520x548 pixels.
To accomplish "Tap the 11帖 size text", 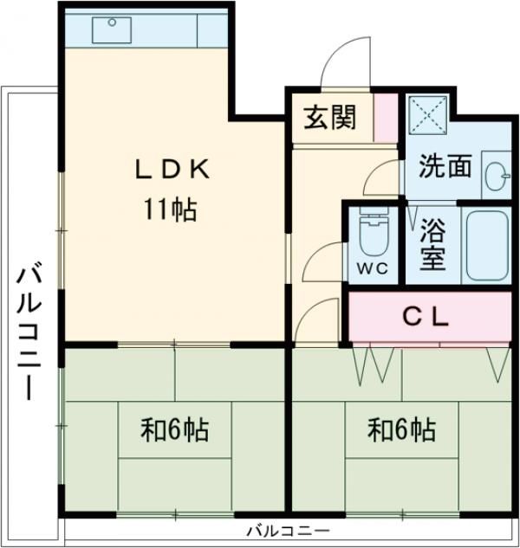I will [170, 210].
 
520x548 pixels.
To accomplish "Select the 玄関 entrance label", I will [329, 117].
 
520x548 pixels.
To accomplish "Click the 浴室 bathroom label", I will [432, 243].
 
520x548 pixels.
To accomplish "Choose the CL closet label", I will [426, 317].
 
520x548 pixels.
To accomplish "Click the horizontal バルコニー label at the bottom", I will [287, 530].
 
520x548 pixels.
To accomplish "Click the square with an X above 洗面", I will [426, 113].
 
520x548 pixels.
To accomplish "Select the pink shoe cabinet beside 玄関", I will [386, 116].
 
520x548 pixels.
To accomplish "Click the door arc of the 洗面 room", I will [381, 177].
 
